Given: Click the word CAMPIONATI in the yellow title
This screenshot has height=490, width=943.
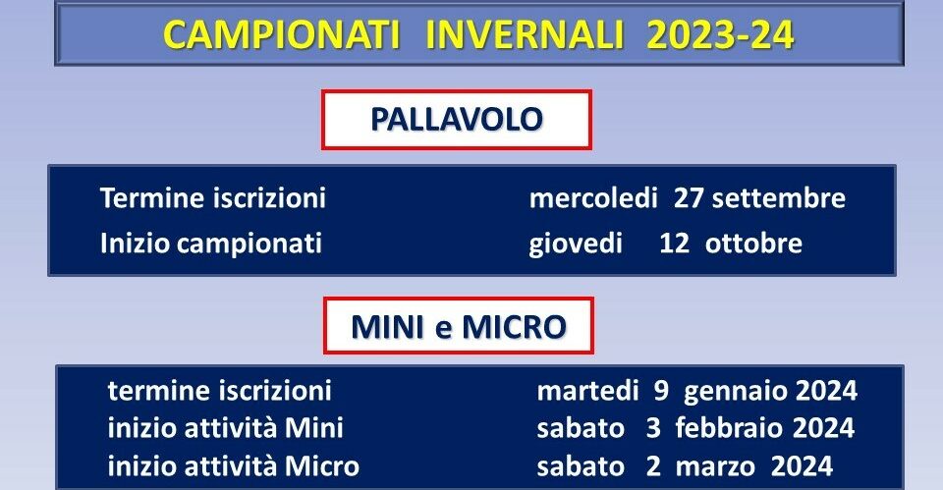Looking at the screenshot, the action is pos(282,35).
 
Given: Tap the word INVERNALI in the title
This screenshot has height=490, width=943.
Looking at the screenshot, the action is pos(525,35).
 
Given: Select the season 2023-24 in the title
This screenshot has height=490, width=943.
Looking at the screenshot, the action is pos(720,35).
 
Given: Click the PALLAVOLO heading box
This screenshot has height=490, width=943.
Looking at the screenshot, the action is pos(457,119).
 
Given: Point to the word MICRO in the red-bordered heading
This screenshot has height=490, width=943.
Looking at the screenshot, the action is pos(514,326).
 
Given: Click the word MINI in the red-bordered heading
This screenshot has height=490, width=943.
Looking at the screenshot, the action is pos(387,326).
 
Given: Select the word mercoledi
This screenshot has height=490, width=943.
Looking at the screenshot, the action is pos(593,197).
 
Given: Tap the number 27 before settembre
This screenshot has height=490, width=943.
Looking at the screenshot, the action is pos(689,197).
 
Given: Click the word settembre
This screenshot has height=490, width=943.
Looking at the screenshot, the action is pos(779,197).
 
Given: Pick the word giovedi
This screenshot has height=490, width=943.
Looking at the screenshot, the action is pos(576,245).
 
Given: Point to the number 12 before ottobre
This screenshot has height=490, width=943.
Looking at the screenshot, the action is pos(674,244).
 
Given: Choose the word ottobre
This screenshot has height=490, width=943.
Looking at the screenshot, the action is pos(753,244).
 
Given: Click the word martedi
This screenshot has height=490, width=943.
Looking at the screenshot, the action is pos(587,391).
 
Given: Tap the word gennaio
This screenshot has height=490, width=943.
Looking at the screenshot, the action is pos(737,392).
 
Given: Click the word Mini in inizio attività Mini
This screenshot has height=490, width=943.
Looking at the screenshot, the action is pos(314,428).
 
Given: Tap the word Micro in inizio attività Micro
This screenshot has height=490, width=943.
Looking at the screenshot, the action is pos(322,466).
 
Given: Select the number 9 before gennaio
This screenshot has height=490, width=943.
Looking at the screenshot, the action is pos(661,392).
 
